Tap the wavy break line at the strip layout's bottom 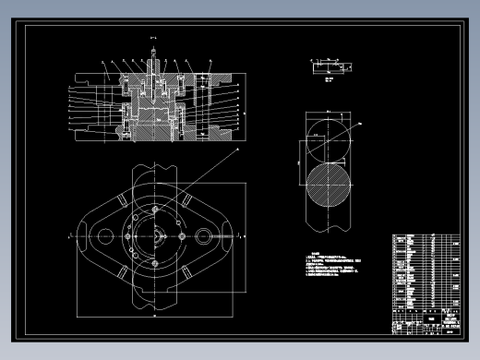(x=330, y=230)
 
